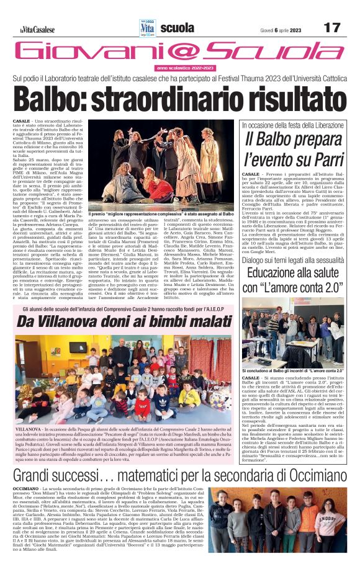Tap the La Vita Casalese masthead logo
click(x=37, y=29)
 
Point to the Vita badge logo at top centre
click(x=147, y=27)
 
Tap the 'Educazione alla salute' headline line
click(x=293, y=273)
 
